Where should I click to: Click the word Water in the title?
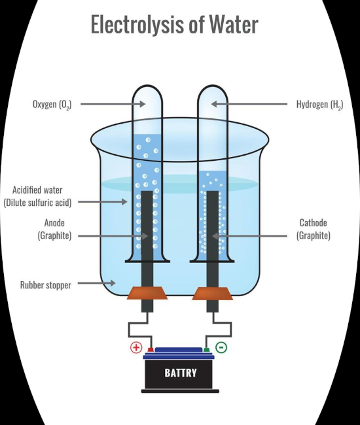pos(234,25)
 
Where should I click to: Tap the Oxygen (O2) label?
pos(52,105)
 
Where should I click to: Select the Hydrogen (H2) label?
pos(319,105)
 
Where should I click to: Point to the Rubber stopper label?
pos(46,285)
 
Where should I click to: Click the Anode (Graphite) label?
pos(54,229)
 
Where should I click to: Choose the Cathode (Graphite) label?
pos(314,229)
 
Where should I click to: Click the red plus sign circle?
pos(136,347)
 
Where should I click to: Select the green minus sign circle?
pos(221,347)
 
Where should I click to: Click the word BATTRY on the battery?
pos(181,373)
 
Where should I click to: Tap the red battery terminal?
pos(151,350)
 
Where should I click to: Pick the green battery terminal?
pos(206,350)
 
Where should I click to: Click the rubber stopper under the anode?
pos(147,294)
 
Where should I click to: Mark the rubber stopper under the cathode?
pos(213,294)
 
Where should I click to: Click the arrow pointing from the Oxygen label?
pos(113,104)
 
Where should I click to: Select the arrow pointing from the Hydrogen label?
pos(249,104)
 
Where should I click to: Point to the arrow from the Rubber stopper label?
pos(97,283)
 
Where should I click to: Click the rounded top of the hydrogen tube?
pos(213,86)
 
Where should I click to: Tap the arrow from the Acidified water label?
pos(103,201)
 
